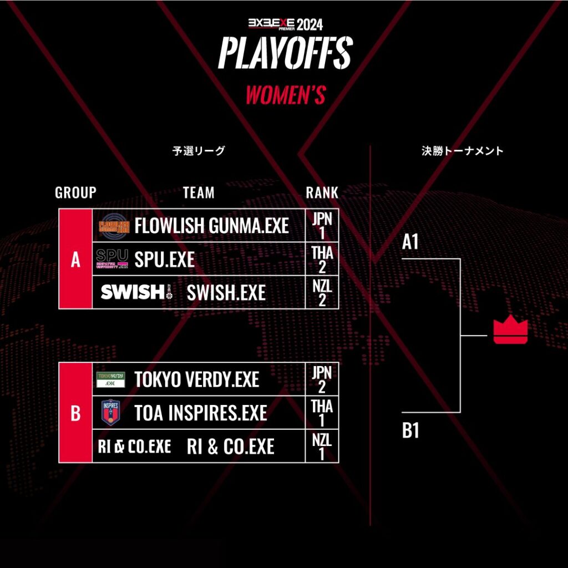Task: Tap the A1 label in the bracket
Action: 410,242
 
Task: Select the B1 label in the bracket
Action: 410,431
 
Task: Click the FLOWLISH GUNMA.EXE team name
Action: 211,226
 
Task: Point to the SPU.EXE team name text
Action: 164,259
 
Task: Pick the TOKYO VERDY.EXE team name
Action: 196,379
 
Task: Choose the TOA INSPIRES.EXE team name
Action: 200,413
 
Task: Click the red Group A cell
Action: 75,259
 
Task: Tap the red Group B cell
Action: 75,413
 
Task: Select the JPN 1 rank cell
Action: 322,225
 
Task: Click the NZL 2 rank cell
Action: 322,292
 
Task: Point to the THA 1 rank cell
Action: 322,413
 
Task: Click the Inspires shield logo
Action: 111,412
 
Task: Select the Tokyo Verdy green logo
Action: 111,379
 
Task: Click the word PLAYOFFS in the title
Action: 285,54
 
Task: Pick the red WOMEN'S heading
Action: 285,95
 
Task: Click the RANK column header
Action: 322,192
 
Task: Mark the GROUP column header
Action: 75,192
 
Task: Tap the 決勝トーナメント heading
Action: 462,151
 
